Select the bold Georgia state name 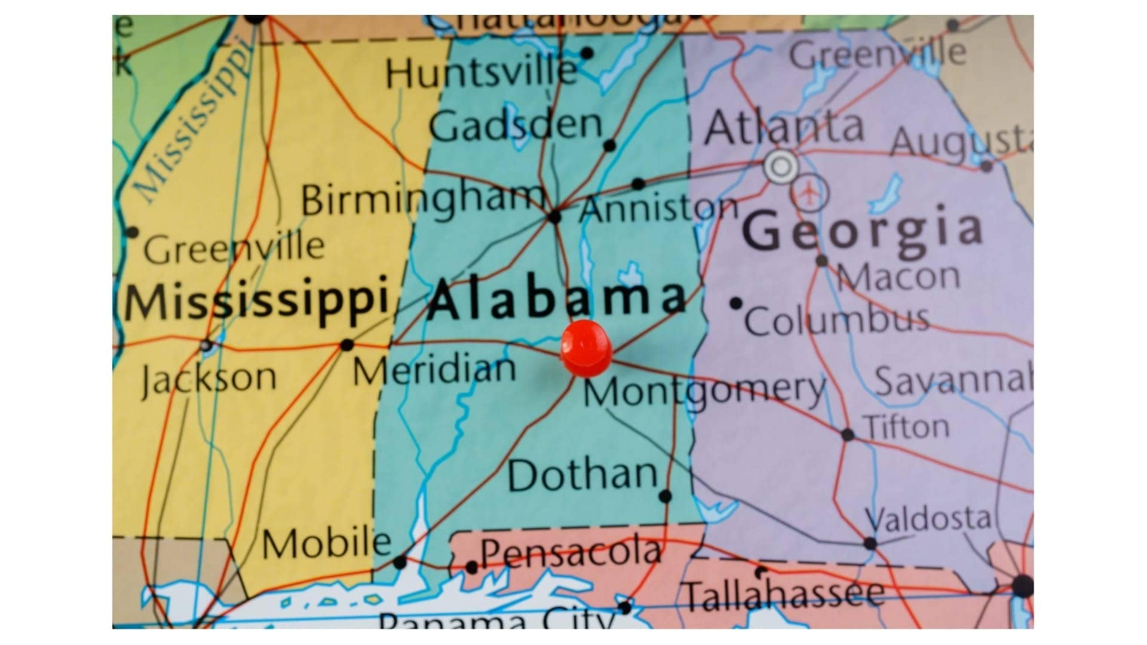(x=863, y=230)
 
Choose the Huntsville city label (x=481, y=73)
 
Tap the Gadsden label (x=516, y=125)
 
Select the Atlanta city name (x=784, y=127)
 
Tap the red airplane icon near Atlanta (x=810, y=193)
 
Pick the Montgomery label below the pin (x=705, y=391)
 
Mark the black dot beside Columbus (x=736, y=303)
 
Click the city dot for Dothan (x=665, y=496)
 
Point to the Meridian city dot (x=346, y=345)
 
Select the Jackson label (x=209, y=377)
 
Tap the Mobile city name (x=327, y=543)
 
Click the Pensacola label (x=571, y=552)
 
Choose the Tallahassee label (x=784, y=595)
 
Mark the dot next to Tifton (x=848, y=435)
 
